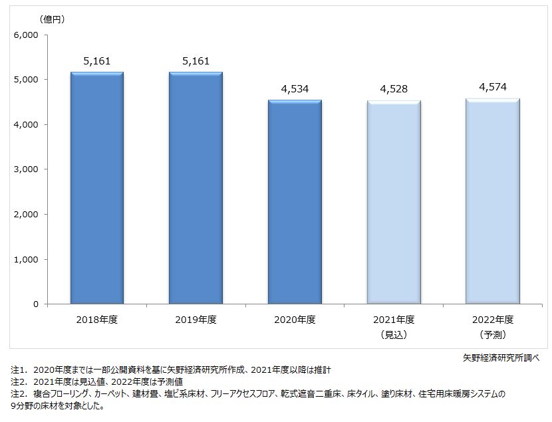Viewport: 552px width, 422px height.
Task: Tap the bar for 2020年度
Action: tap(295, 202)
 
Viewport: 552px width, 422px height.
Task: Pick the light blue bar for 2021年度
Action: tap(393, 202)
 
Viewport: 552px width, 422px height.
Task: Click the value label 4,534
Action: tap(295, 89)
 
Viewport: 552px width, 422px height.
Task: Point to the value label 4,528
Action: tap(393, 89)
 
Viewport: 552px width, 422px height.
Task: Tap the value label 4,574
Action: tap(492, 87)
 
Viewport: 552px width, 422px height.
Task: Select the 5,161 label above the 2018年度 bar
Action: tap(97, 61)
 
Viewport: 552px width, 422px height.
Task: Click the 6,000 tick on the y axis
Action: tap(27, 35)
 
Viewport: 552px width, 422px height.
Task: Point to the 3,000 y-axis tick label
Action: tap(27, 169)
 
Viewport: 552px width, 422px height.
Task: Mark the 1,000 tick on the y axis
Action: tap(27, 259)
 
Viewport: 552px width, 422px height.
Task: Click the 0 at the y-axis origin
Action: tap(36, 304)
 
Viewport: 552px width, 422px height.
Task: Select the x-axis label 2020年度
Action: tap(295, 320)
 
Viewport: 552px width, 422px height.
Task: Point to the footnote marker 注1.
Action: tap(19, 369)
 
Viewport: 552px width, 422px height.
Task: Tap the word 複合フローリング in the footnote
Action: tap(64, 395)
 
